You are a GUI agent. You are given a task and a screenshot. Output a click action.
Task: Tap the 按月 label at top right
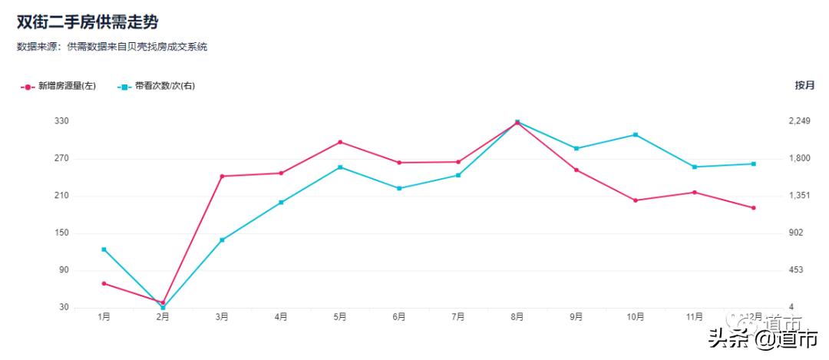click(x=804, y=85)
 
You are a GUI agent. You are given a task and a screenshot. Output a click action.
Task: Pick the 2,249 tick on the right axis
click(x=801, y=121)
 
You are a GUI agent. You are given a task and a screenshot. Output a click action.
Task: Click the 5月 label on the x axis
click(x=340, y=316)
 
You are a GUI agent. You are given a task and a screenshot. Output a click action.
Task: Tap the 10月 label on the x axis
click(x=636, y=316)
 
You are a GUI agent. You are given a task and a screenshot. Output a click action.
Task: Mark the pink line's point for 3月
click(x=222, y=177)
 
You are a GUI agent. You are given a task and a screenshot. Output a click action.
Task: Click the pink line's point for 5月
click(x=340, y=142)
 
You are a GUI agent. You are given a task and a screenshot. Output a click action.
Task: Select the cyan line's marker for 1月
click(x=104, y=249)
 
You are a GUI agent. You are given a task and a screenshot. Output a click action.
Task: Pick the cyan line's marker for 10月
click(x=636, y=135)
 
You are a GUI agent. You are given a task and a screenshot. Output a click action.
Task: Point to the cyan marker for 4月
click(x=281, y=203)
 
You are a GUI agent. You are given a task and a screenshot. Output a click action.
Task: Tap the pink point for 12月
click(x=754, y=208)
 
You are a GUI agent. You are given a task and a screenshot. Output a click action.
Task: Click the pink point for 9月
click(x=576, y=170)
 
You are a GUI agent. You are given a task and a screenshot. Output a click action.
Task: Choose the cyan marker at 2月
click(x=163, y=308)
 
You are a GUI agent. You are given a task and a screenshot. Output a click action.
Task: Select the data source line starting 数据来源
click(x=112, y=47)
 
